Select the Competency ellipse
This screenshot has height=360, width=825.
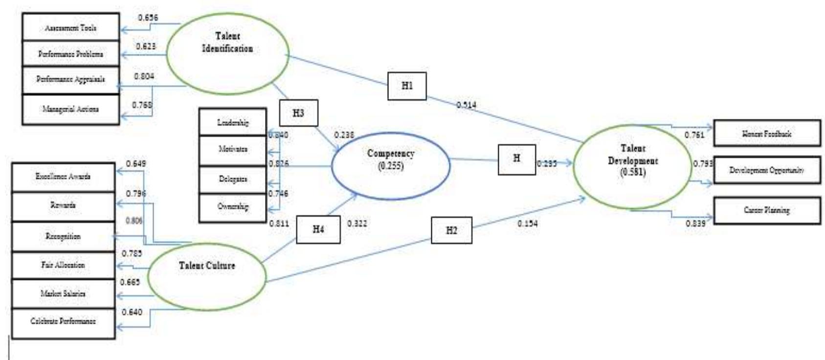(x=390, y=165)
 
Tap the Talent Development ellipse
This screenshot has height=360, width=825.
(x=633, y=167)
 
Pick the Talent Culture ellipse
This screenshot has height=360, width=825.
(x=207, y=276)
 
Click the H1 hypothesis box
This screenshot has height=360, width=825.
(x=407, y=86)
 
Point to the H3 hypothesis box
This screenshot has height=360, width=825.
(x=298, y=113)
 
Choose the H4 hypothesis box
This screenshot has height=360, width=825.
(x=318, y=229)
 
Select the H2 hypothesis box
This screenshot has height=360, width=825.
(x=451, y=230)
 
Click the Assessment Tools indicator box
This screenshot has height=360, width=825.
(x=71, y=27)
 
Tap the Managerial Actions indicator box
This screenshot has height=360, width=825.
(x=71, y=109)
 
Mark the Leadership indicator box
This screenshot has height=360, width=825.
(x=233, y=122)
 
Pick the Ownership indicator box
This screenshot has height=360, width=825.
(x=233, y=207)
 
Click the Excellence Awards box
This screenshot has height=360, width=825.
(x=63, y=177)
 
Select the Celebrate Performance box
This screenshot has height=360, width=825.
(x=63, y=322)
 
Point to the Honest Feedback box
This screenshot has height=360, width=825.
(x=767, y=133)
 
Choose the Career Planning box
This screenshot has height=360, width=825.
(x=767, y=210)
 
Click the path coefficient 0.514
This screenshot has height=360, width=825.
(x=466, y=105)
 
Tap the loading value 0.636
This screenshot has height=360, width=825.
(x=148, y=18)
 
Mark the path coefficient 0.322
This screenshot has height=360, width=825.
(x=357, y=224)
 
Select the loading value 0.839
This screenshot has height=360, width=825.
(x=695, y=224)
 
